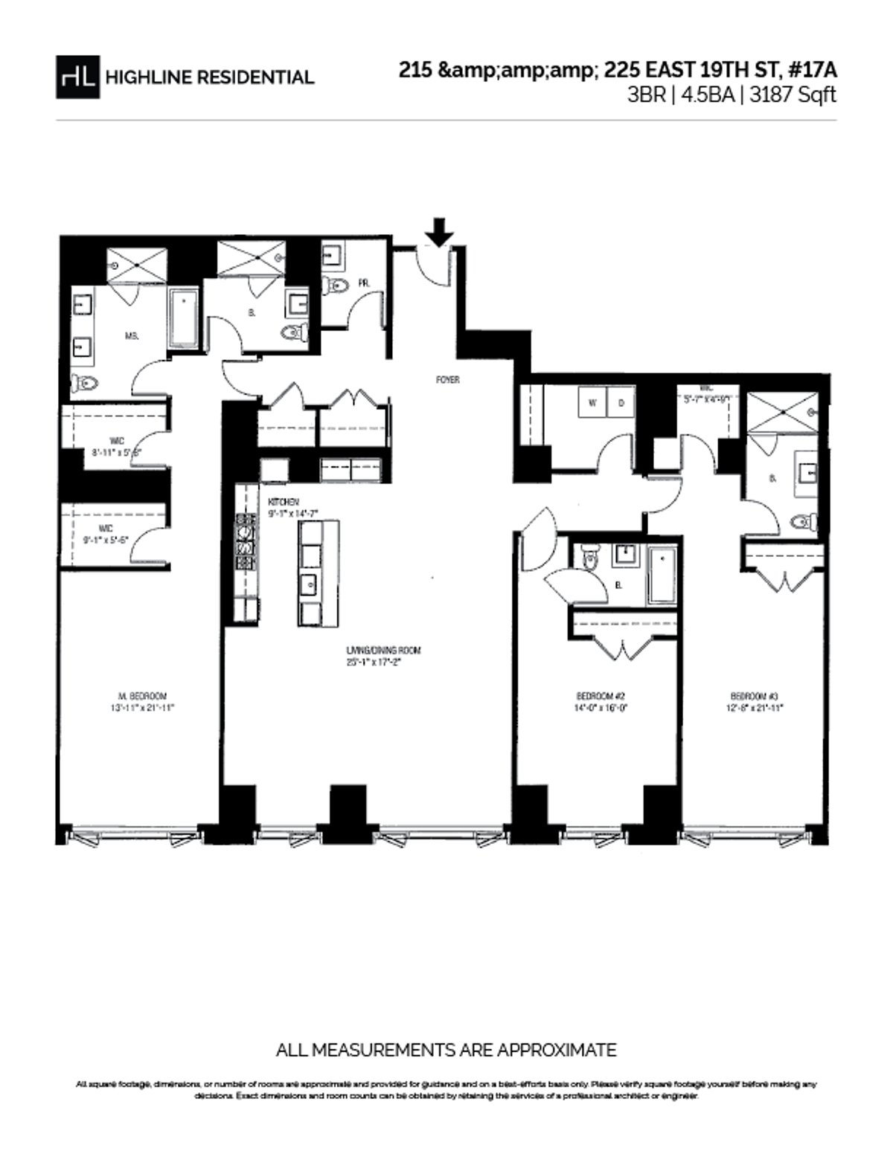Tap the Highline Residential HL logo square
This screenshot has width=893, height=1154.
point(77,77)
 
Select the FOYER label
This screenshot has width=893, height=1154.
point(448,380)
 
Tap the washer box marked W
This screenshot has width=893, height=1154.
point(593,404)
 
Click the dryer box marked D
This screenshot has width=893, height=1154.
point(621,404)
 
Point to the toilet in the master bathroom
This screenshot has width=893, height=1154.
point(85,384)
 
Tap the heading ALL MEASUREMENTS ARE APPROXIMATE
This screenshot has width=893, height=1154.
point(446,1050)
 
